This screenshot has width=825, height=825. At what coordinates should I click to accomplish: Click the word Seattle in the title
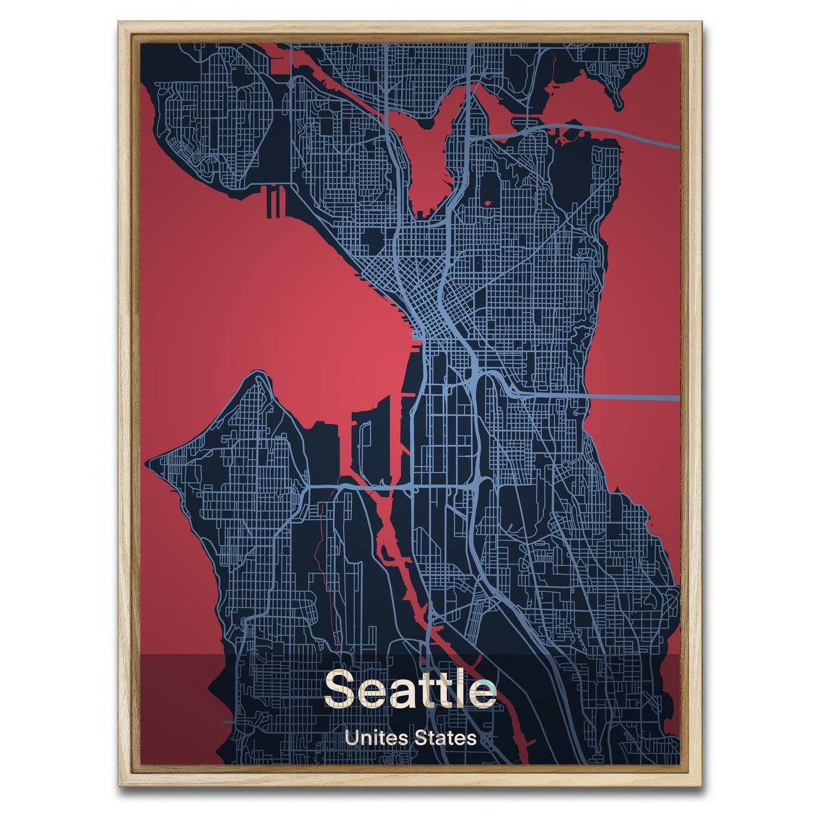pyautogui.click(x=410, y=688)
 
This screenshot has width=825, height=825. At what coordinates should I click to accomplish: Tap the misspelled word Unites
pyautogui.click(x=377, y=738)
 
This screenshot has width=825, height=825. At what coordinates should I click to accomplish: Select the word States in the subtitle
pyautogui.click(x=445, y=738)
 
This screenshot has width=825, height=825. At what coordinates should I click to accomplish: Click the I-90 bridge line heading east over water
pyautogui.click(x=632, y=397)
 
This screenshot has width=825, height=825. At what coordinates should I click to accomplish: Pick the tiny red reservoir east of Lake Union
pyautogui.click(x=489, y=203)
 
